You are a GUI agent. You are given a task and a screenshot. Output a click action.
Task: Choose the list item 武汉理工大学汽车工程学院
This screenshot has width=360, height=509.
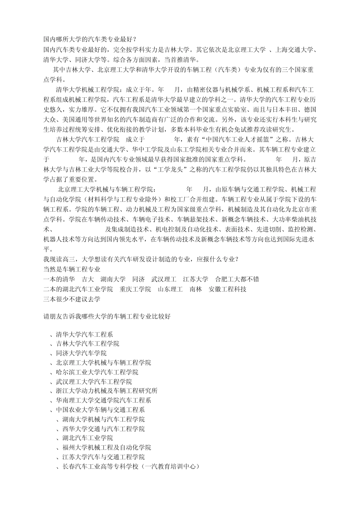click(x=94, y=382)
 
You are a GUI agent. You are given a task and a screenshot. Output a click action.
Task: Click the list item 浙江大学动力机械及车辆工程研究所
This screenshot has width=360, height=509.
click(x=106, y=391)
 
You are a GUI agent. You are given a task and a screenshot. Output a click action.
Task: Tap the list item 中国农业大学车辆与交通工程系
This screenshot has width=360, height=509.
click(x=100, y=410)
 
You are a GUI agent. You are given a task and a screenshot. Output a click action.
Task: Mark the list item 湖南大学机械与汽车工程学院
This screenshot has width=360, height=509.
click(x=103, y=419)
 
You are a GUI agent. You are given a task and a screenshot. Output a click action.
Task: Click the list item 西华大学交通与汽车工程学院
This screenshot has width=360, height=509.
click(x=103, y=429)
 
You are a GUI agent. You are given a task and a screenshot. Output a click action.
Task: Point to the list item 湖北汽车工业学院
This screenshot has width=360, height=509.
click(x=87, y=438)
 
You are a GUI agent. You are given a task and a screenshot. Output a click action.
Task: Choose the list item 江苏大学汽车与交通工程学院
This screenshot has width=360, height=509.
click(x=103, y=457)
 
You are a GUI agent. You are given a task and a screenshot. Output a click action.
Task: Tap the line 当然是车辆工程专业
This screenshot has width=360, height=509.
click(x=72, y=270)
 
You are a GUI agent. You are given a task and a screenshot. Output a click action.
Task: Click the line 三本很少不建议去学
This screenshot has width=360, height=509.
click(x=72, y=299)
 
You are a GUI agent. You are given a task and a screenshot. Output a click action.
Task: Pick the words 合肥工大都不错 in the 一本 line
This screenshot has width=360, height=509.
click(x=237, y=279)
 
